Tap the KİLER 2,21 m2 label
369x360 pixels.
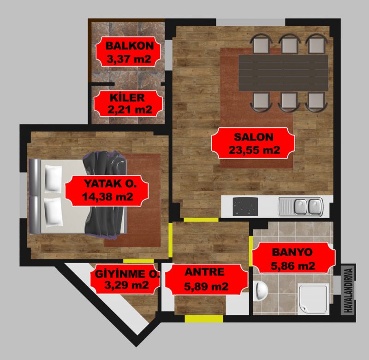click(128, 103)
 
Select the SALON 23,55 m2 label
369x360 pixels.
click(253, 143)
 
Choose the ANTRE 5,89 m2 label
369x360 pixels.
click(206, 279)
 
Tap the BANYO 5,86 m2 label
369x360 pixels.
click(293, 258)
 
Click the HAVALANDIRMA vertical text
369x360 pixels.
click(348, 290)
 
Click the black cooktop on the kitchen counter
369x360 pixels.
click(245, 207)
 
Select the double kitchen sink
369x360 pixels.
click(301, 207)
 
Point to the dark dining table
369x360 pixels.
click(283, 73)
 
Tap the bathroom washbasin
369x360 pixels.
click(261, 291)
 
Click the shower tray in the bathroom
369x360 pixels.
click(314, 299)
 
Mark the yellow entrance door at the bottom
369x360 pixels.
click(204, 319)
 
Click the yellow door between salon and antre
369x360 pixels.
click(201, 219)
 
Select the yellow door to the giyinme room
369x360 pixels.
click(139, 261)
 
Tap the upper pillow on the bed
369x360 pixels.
click(54, 178)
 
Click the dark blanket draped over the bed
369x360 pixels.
click(105, 194)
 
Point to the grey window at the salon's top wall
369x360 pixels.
click(250, 22)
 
